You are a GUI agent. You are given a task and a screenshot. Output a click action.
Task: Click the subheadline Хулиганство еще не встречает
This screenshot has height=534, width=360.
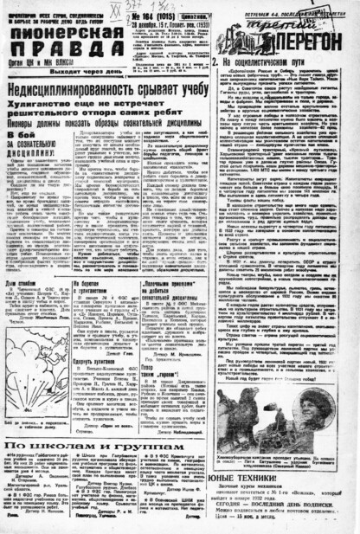(x=105, y=104)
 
